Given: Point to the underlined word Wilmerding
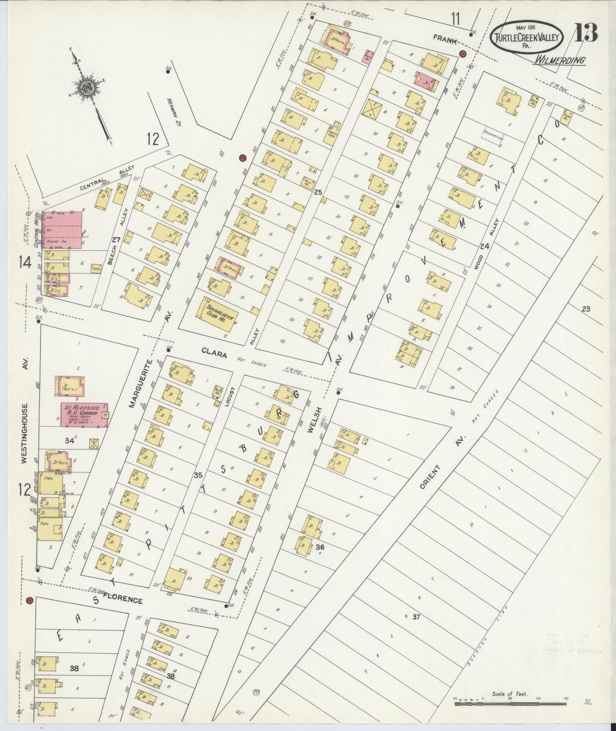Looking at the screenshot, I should point(560,60).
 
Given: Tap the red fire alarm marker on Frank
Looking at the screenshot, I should point(463,54).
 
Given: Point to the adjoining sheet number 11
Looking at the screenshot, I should point(454,19).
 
